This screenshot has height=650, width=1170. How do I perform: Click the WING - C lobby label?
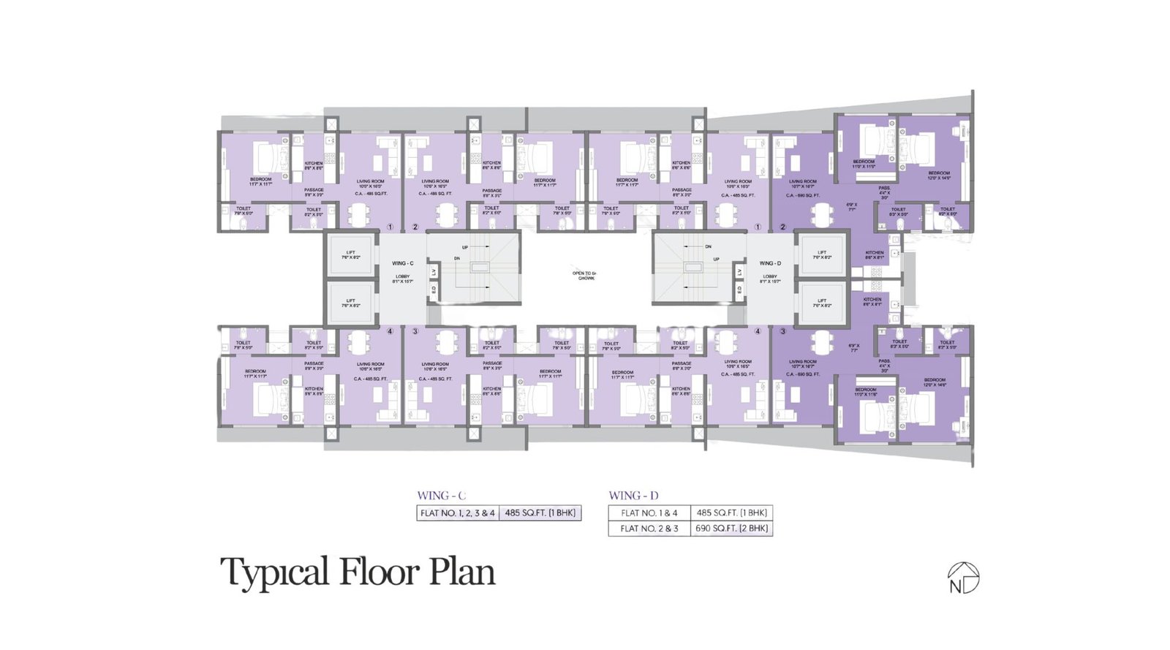point(403,263)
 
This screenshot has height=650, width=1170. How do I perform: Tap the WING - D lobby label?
point(770,263)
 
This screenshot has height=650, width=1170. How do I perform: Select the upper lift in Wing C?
point(351,255)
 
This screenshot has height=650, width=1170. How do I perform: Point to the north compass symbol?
point(963,578)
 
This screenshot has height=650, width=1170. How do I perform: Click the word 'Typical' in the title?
point(275,572)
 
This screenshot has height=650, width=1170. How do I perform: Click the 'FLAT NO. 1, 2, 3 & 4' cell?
point(458,513)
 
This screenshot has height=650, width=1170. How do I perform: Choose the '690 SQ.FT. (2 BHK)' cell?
point(731,528)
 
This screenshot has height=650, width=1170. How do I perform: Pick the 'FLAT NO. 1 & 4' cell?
point(649,513)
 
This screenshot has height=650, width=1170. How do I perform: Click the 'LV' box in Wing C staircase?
point(434,272)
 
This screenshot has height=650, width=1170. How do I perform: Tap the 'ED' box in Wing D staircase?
point(739,290)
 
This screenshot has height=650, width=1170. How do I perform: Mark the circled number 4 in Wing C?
point(390,331)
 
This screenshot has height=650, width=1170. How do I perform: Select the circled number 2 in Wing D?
point(782,227)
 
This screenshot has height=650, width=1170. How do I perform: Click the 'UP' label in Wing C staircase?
point(465,248)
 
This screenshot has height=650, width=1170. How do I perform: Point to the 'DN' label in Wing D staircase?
point(708,247)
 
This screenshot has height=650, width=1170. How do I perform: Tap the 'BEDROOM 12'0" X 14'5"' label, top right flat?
point(939,175)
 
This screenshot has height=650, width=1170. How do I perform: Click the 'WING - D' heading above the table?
point(633,496)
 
